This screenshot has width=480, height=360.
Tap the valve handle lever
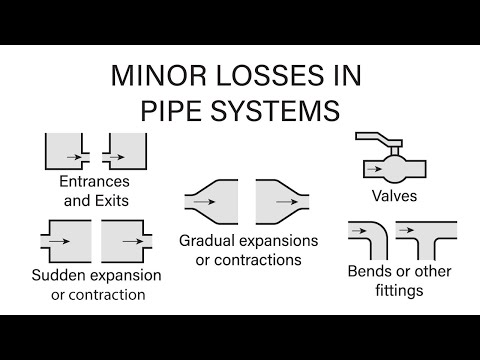(383, 137)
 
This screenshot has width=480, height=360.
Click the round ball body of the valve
(392, 162)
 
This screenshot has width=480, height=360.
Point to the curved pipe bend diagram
(366, 240)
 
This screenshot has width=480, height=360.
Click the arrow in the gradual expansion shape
(204, 201)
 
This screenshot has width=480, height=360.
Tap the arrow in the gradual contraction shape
(272, 201)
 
